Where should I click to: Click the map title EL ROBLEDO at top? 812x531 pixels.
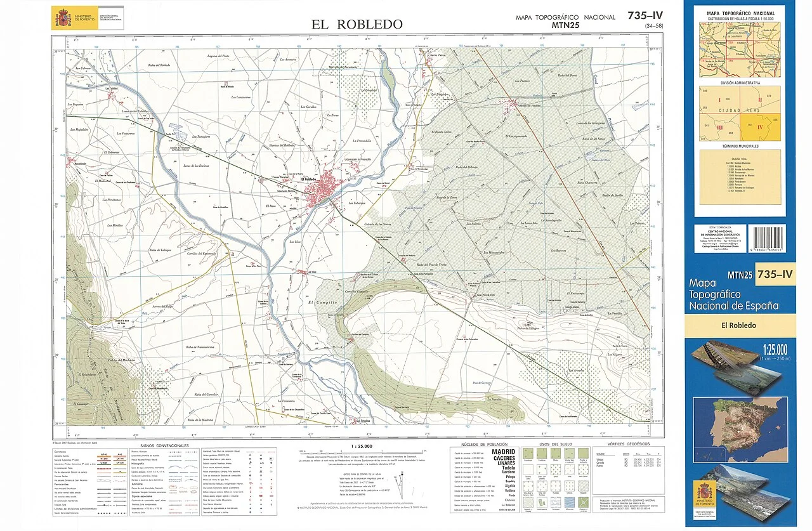[x=357, y=24]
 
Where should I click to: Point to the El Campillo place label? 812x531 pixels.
[x=320, y=303]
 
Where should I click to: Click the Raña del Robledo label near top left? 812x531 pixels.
[x=157, y=65]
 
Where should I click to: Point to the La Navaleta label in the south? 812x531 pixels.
[x=495, y=400]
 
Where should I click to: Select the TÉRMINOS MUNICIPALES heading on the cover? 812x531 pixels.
[x=740, y=146]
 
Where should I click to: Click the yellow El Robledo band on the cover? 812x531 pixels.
[x=740, y=325]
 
